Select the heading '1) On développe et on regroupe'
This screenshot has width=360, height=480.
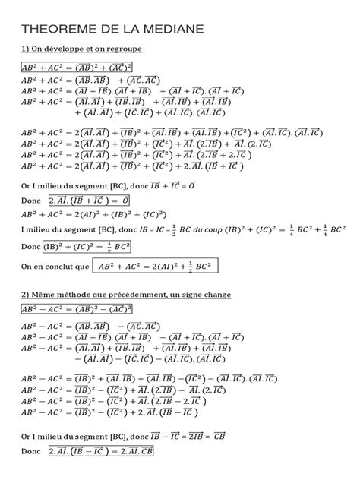click(x=82, y=49)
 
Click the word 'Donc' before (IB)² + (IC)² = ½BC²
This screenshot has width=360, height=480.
click(x=30, y=248)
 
